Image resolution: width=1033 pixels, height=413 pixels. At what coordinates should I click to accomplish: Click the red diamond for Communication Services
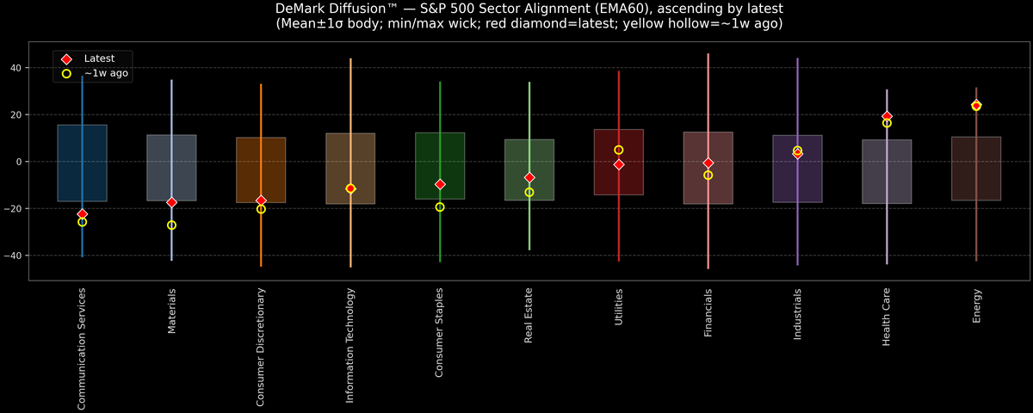(x=82, y=214)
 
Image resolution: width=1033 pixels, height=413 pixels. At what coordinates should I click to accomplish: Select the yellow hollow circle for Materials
(x=171, y=225)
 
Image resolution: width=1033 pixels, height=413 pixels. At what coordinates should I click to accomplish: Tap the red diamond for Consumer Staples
(x=440, y=184)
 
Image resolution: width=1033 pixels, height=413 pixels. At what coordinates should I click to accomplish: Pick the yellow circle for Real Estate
(x=529, y=193)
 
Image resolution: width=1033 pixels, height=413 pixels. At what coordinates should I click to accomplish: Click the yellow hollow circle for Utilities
(x=619, y=150)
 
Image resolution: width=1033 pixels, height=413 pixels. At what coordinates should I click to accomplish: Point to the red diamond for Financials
(x=708, y=163)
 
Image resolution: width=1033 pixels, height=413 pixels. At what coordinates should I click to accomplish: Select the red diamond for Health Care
(x=887, y=116)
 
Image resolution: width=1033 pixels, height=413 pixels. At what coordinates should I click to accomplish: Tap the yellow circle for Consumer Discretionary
(x=261, y=209)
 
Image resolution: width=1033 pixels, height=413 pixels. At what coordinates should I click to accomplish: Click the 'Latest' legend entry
(x=98, y=58)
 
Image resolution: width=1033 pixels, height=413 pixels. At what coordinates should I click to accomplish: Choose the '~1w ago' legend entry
(x=106, y=74)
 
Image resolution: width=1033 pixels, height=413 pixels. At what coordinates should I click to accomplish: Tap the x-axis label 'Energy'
(x=977, y=306)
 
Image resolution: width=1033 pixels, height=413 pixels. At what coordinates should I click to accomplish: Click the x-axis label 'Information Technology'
(x=350, y=345)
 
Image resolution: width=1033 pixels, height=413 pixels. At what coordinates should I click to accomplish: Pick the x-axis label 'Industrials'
(x=798, y=315)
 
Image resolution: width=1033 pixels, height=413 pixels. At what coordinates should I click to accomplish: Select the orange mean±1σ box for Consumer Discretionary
(x=261, y=170)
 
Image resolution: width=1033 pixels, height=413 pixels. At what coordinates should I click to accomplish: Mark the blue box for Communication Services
(x=82, y=163)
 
